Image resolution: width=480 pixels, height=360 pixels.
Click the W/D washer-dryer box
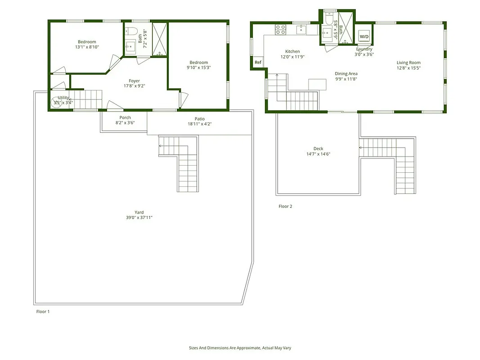(x=364, y=37)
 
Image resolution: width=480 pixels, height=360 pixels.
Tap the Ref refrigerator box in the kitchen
(x=258, y=63)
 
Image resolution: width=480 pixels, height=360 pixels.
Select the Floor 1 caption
(x=43, y=311)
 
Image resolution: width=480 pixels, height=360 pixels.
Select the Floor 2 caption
(x=285, y=207)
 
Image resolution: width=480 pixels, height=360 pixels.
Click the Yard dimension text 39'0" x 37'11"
(x=139, y=218)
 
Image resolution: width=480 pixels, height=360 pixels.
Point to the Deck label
(x=318, y=148)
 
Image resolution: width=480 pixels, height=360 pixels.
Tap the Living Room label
(x=408, y=63)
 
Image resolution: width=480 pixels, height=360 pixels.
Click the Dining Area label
(x=346, y=74)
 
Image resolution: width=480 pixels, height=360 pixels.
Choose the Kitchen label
(x=292, y=51)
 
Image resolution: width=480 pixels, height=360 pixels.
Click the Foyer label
(x=135, y=81)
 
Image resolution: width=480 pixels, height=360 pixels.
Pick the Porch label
(x=125, y=117)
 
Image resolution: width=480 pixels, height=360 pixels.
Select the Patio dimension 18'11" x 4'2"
(x=199, y=124)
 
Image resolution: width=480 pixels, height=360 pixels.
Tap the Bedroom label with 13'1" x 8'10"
(x=87, y=42)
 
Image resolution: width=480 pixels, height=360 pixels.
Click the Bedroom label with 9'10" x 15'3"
(x=198, y=63)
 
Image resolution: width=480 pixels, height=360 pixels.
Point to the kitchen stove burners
(x=280, y=30)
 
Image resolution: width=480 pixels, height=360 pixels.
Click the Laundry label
(x=364, y=49)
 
